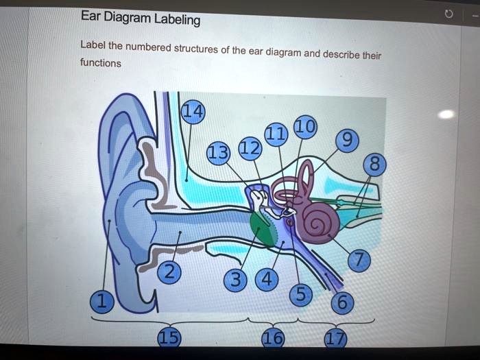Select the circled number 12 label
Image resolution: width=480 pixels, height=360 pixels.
(250, 148)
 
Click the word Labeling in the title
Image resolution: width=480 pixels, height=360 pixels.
(177, 19)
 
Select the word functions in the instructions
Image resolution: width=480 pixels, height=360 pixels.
(100, 63)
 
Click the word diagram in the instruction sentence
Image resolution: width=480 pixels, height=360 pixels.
(284, 51)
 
